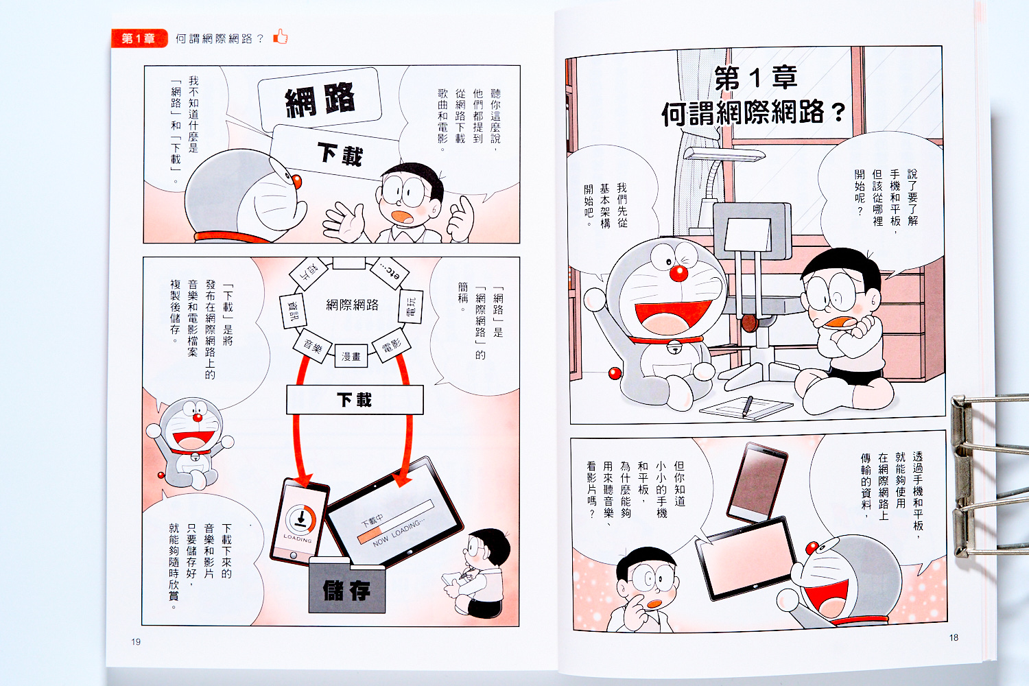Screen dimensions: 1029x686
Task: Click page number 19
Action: (136, 641)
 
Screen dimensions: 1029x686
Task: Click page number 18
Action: (954, 637)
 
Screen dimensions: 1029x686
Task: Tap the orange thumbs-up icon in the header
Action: (280, 37)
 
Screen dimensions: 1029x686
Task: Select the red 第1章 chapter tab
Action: (139, 38)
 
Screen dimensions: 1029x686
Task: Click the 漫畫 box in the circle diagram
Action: (351, 356)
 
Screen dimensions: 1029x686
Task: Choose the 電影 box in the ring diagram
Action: (391, 345)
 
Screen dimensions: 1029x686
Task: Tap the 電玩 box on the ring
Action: (411, 307)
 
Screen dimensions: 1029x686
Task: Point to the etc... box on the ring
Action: (390, 274)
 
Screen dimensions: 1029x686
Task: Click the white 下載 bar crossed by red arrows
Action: (355, 400)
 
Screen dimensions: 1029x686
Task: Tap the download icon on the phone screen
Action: (301, 519)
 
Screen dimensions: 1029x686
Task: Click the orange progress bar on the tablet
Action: (370, 535)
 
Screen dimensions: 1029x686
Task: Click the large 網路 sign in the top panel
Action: (320, 100)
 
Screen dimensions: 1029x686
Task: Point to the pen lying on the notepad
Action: (748, 405)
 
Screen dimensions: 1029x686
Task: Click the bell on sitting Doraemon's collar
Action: (674, 348)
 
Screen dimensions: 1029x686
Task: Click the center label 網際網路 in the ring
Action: (353, 305)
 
